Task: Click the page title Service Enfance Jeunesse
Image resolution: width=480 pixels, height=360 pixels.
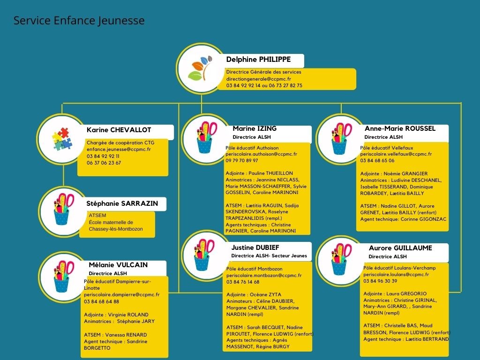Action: tap(79, 21)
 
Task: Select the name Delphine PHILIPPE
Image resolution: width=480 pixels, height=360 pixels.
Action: tap(258, 60)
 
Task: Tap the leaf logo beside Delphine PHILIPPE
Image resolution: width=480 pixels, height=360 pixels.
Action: tap(200, 68)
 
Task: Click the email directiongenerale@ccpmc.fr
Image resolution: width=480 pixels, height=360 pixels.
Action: tap(259, 79)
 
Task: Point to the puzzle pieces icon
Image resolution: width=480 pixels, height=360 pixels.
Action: tap(62, 139)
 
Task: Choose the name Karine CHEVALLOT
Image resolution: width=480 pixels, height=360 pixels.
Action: tap(119, 130)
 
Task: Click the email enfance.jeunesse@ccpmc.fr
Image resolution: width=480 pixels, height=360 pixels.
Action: tap(119, 150)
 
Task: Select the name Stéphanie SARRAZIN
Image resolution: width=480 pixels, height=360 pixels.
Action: tap(122, 203)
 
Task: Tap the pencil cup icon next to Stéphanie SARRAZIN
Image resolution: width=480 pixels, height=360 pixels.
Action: tap(64, 209)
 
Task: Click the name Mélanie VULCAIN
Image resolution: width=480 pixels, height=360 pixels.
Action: tap(118, 265)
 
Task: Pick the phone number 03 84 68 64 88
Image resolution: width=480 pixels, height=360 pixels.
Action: tap(101, 301)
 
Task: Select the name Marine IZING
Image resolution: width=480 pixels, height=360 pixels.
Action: tap(255, 128)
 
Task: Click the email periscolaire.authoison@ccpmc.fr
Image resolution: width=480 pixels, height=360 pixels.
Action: tap(262, 154)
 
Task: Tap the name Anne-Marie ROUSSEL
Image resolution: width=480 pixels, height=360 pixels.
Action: tap(400, 128)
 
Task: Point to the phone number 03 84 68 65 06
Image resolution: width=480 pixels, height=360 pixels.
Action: tap(377, 160)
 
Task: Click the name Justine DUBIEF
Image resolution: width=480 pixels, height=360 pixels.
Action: tap(255, 247)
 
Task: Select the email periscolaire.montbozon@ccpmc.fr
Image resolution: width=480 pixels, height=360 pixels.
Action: tap(264, 275)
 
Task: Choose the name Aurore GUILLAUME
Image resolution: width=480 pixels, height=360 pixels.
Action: tap(400, 248)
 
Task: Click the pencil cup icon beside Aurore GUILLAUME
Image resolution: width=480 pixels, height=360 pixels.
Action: tap(341, 259)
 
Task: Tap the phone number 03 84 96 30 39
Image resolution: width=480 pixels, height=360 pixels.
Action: tap(380, 281)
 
